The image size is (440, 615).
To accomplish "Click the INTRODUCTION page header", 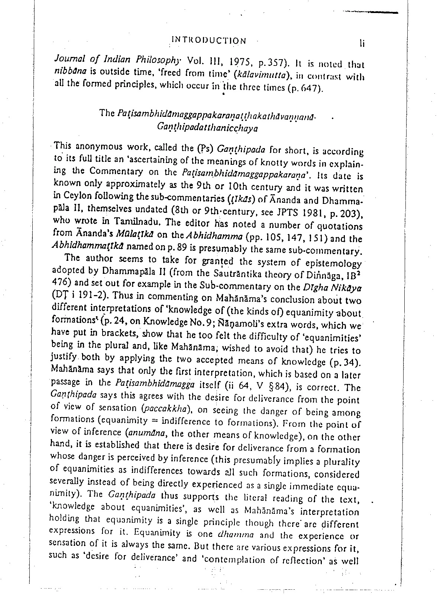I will click(x=208, y=40).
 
